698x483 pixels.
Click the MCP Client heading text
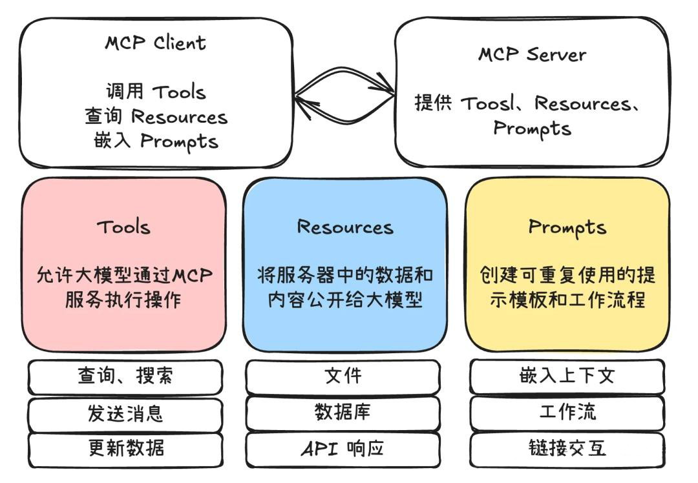[156, 43]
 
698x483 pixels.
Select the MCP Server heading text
[531, 54]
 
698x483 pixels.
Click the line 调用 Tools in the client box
[156, 92]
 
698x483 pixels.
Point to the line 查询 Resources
[156, 117]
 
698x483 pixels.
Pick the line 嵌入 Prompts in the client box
[156, 141]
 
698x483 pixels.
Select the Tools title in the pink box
[123, 227]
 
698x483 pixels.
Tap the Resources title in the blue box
[344, 227]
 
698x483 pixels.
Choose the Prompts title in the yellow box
[567, 227]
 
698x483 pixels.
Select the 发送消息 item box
[125, 413]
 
